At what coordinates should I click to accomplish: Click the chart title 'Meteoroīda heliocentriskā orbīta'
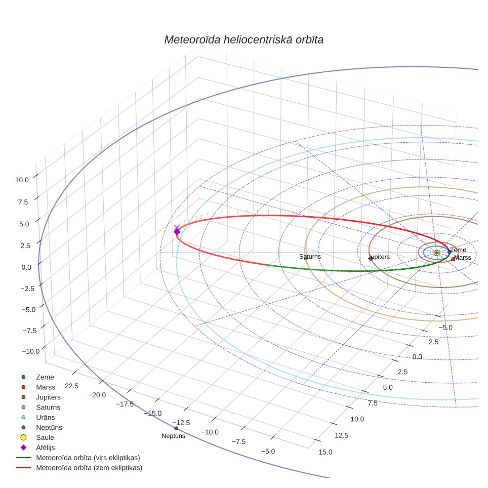coord(243,40)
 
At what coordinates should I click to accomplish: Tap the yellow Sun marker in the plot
coord(437,253)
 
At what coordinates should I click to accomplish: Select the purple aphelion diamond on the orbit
coord(177,231)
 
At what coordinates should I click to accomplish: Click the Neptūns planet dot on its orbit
coord(177,429)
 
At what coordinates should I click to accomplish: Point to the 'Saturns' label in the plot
coord(310,257)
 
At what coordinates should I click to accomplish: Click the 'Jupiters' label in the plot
coord(379,257)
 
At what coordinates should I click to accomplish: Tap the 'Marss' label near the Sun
coord(463,258)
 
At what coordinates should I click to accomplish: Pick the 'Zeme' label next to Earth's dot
coord(458,250)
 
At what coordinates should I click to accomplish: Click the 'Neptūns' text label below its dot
coord(173,436)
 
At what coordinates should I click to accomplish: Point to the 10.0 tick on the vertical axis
coord(22,180)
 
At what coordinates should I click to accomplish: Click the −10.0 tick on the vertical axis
coord(31,351)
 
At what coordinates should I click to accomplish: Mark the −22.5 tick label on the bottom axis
coord(70,386)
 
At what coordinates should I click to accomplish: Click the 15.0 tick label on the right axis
coord(326,452)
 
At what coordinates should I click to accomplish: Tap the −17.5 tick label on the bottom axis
coord(125,404)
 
